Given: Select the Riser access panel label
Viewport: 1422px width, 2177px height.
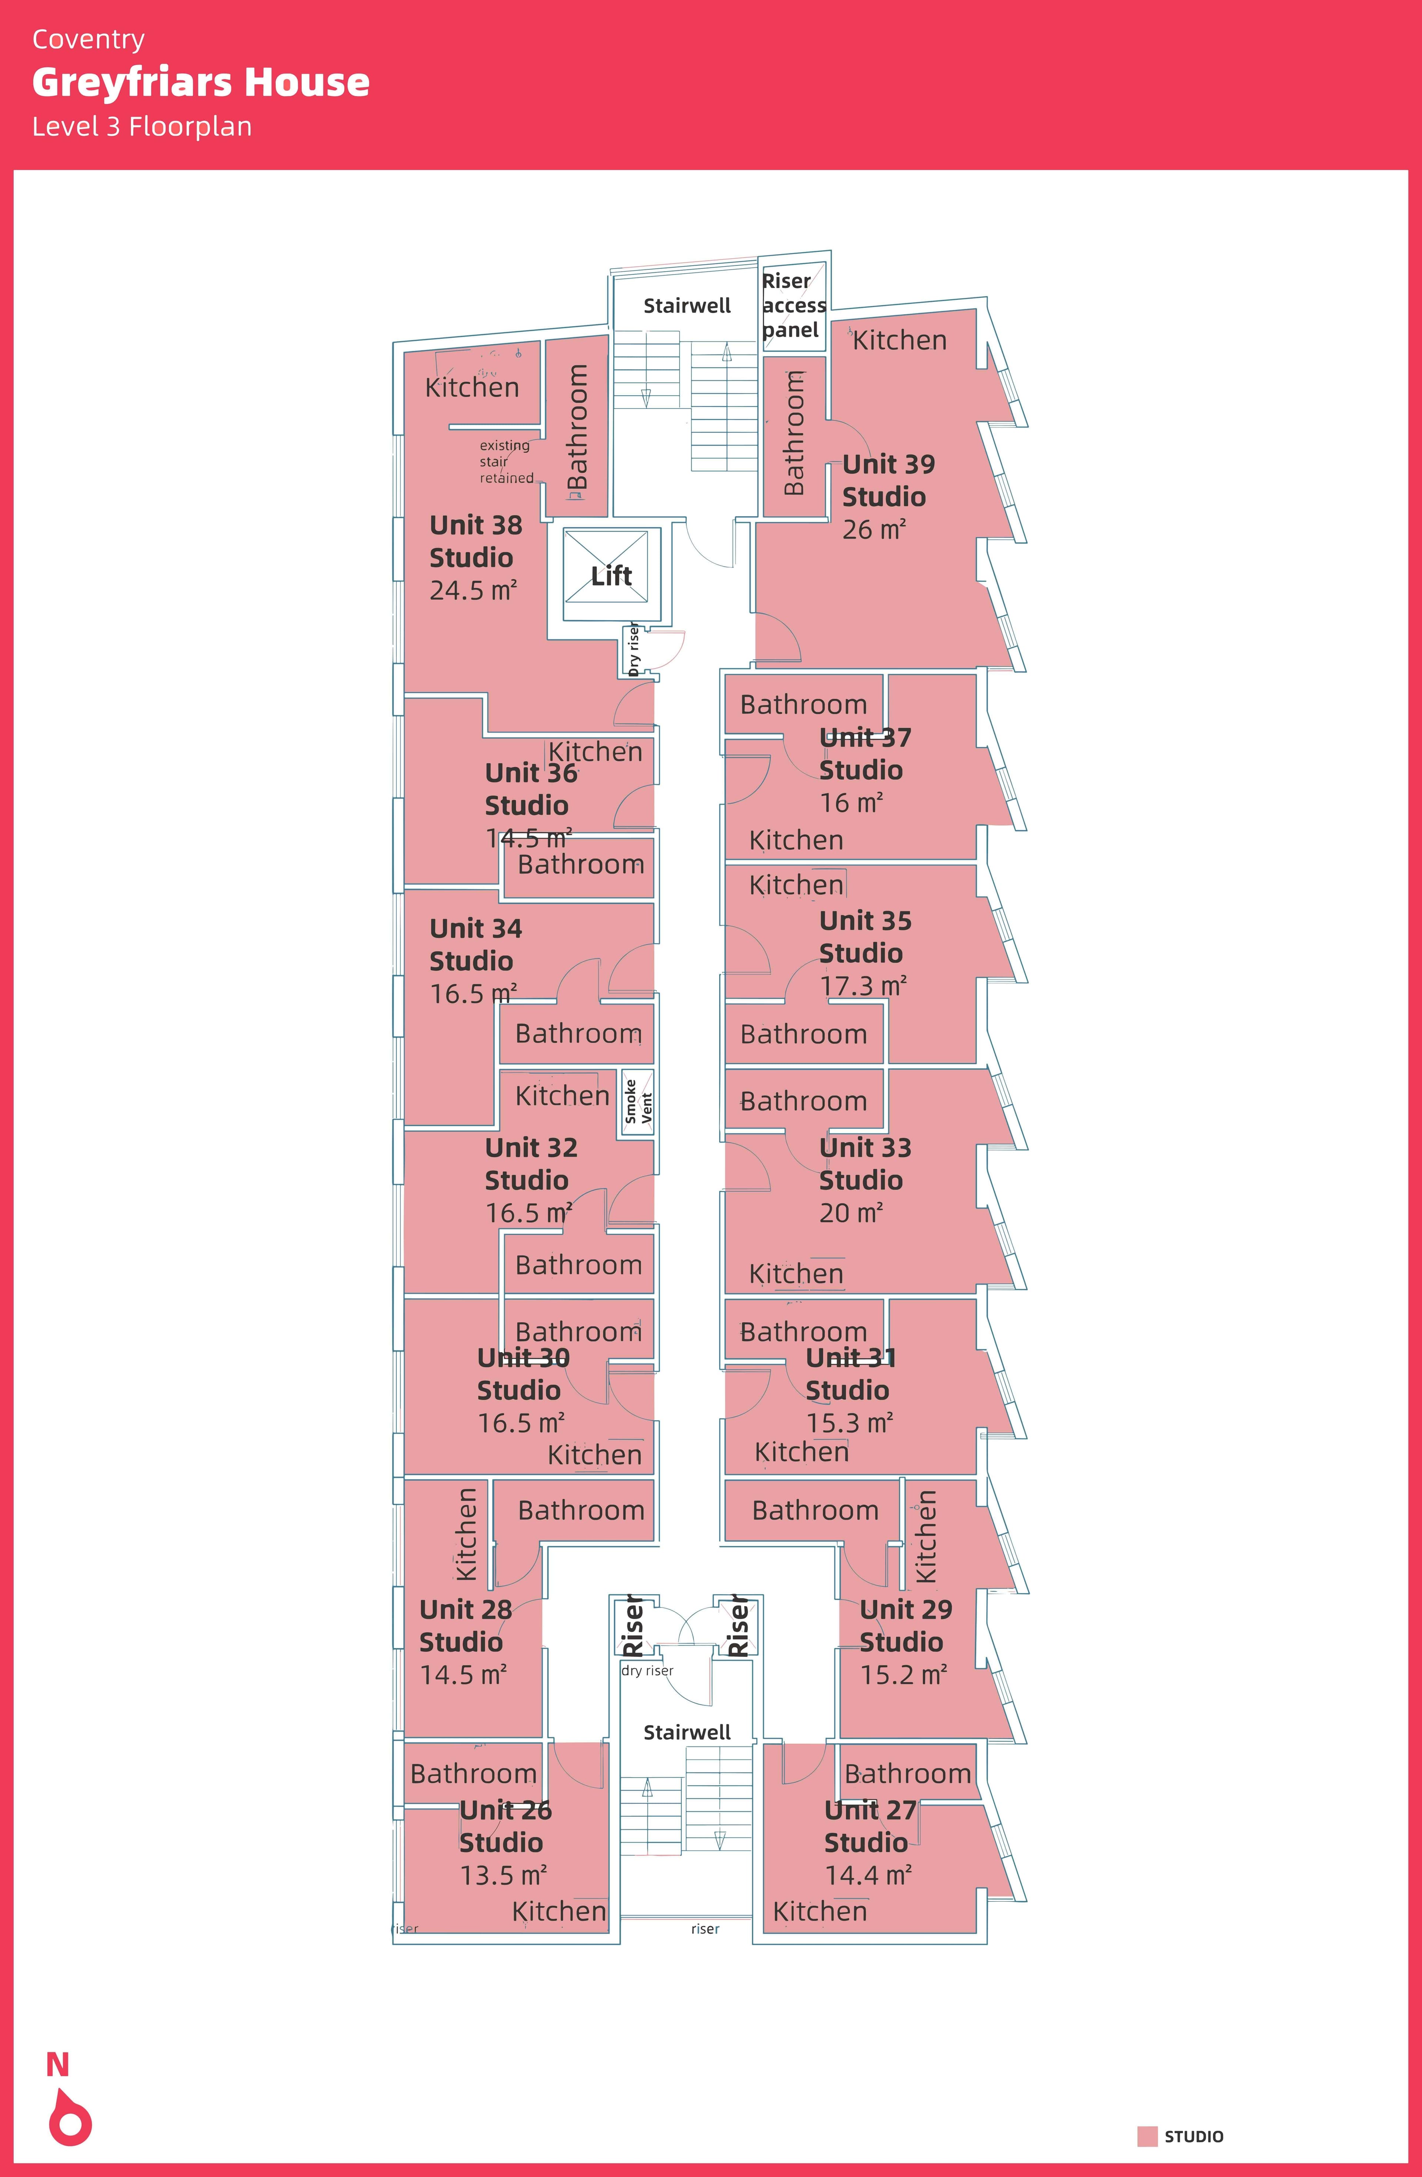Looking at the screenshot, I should [x=794, y=306].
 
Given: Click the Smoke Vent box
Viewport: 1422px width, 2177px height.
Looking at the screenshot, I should [x=637, y=1102].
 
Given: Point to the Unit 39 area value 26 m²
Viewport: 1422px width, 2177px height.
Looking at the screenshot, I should [x=873, y=530].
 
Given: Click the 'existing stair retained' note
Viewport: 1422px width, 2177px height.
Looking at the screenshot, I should [x=506, y=462].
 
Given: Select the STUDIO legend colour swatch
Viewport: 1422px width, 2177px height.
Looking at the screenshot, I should [x=1147, y=2137].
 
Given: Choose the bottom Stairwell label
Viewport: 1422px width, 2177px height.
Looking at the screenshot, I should [x=687, y=1732].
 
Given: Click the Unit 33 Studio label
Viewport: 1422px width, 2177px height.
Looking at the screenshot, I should [x=864, y=1164].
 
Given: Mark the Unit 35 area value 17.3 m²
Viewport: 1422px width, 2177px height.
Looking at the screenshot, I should [x=862, y=986].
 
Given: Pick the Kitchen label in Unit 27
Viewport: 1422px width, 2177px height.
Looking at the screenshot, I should [x=820, y=1912].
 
